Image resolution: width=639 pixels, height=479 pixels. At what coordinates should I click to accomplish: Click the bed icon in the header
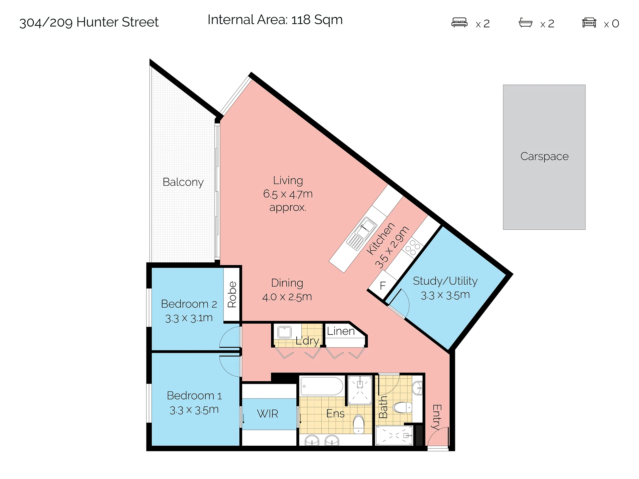coord(459,23)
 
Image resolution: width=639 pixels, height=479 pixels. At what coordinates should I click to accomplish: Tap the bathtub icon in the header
coord(525,23)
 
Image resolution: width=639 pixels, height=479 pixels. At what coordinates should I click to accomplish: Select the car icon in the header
coord(589,23)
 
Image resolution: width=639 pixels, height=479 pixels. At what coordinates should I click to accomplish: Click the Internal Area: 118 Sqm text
coord(275,20)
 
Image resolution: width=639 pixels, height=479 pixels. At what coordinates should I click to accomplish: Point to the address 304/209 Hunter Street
coord(89,22)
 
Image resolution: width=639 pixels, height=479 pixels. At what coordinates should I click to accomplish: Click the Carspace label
coord(544,156)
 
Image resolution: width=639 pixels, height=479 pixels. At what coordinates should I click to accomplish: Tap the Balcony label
coord(183,182)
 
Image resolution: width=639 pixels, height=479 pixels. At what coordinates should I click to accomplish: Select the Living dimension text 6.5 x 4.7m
coord(288,194)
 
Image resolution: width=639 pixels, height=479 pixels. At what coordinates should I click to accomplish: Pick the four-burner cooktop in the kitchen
coord(413,247)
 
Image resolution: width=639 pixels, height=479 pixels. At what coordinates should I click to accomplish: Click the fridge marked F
coord(383,285)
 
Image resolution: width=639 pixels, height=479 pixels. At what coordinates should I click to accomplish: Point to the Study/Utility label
coord(445,281)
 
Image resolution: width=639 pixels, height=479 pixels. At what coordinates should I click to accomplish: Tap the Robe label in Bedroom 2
coord(232,294)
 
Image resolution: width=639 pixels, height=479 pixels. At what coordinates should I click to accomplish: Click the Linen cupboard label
coord(340,331)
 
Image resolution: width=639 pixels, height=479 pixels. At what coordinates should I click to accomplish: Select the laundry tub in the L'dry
coord(284,332)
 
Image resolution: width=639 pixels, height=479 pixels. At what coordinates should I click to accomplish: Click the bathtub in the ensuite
coord(321,386)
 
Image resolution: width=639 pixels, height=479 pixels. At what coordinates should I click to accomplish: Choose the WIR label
coord(267,414)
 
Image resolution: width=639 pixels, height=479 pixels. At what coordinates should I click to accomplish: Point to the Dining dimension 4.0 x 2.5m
coord(287,297)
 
